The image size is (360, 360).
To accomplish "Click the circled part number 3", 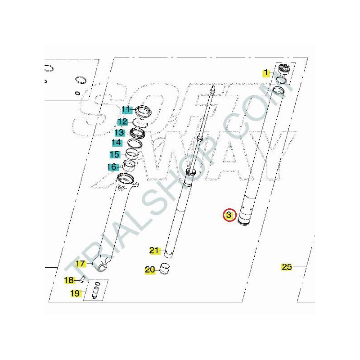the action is point(229,216).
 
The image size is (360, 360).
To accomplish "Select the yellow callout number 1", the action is point(266,73).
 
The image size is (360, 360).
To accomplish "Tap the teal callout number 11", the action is point(126,110).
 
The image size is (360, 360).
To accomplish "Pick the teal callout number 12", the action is point(122,122).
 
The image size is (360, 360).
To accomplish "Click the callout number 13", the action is point(120,133).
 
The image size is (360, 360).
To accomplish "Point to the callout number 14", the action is point(117,143).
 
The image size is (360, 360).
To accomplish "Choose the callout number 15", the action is point(115,154).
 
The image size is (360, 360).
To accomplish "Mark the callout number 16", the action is point(112,167).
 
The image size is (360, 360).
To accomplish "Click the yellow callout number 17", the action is point(81,264).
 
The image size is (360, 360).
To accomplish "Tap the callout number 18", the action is point(69,280).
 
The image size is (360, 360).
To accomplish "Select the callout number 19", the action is point(75,293).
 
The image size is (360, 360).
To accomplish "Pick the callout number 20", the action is point(150,270).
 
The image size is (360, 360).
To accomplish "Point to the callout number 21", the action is point(154,251).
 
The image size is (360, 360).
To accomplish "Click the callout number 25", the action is point(287,267).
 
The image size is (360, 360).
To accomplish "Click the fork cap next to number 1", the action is point(284,69).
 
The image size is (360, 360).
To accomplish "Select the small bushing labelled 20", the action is point(165,269).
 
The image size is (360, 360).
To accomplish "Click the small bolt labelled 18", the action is point(83,279).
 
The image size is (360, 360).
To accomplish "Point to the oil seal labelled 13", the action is point(137,133).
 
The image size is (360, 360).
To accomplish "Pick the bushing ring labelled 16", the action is point(130,165).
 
